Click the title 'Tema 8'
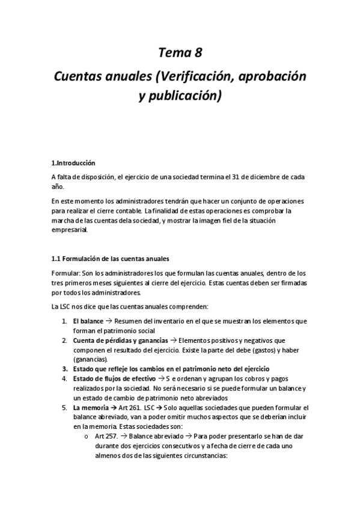[x=180, y=53]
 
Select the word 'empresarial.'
[x=70, y=229]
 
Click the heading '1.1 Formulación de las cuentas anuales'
[x=110, y=260]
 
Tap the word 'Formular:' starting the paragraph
[x=66, y=273]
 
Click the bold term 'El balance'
[x=88, y=321]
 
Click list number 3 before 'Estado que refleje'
[x=64, y=369]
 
